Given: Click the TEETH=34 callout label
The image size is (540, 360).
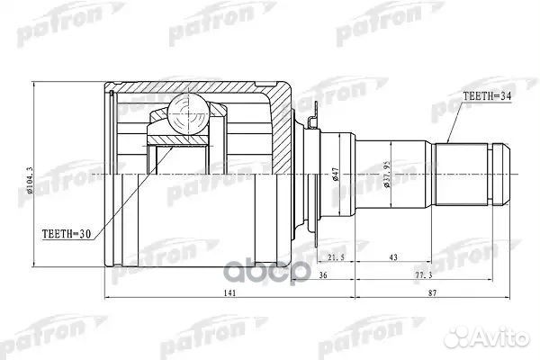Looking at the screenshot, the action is click(x=487, y=97).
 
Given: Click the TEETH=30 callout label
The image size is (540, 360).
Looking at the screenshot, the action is click(x=67, y=234).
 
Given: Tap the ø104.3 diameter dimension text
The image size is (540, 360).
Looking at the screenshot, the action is click(x=30, y=181).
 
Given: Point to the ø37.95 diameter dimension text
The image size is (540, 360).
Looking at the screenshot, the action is click(x=387, y=174).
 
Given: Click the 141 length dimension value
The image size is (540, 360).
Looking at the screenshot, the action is click(x=229, y=292).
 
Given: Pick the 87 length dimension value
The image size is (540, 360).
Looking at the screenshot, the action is click(x=432, y=292).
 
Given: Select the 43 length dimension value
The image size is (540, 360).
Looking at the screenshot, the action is click(x=393, y=257).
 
